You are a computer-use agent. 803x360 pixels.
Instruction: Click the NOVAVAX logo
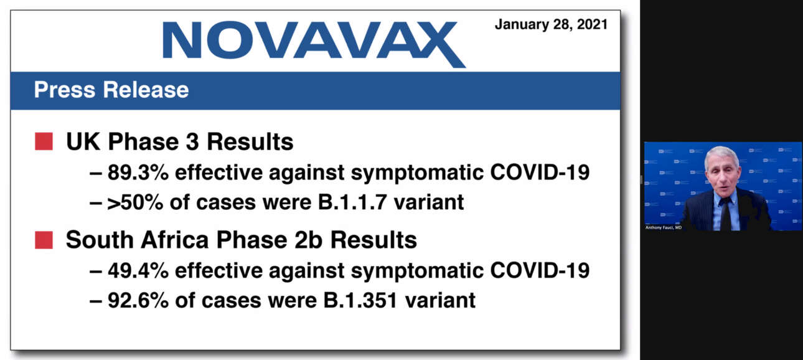coord(314,44)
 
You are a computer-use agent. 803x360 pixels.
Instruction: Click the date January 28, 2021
coord(551,24)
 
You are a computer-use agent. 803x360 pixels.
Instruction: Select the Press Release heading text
coord(111,90)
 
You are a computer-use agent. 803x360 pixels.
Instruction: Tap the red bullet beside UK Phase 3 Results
coord(44,141)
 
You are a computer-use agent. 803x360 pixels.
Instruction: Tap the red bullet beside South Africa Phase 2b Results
coord(44,240)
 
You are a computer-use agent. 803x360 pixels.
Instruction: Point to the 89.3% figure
coord(138,173)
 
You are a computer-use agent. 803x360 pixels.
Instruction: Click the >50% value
coord(135,202)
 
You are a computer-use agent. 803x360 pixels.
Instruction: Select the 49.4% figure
coord(138,271)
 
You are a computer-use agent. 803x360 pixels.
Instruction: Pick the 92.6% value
coord(138,300)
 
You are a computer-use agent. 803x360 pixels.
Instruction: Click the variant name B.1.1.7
coord(352,202)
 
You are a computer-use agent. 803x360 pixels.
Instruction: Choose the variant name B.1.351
coord(360,300)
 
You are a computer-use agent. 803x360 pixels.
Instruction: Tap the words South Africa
coord(138,240)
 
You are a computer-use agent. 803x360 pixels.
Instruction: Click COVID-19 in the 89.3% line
coord(540,173)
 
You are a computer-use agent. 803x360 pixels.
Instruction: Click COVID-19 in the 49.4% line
coord(540,271)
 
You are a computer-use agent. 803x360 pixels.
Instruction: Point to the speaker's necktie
coord(726,214)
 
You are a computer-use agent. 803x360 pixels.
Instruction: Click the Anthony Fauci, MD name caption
coord(664,228)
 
